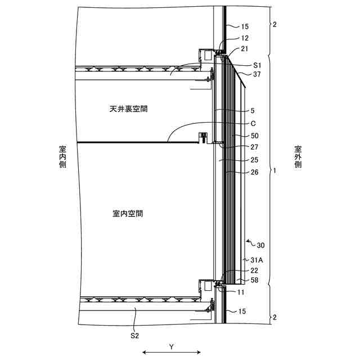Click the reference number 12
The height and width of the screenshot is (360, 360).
(x=244, y=38)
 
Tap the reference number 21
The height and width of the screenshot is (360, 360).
(x=244, y=49)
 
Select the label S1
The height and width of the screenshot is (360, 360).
(x=257, y=65)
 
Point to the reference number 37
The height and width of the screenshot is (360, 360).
(x=257, y=74)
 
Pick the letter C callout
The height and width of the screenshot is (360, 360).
(x=254, y=123)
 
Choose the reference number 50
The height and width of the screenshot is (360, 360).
(x=254, y=136)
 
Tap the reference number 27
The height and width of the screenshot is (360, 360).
(x=254, y=147)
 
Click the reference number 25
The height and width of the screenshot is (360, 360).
(x=254, y=160)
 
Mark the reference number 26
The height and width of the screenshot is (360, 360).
(x=254, y=172)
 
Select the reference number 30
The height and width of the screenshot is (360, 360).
(x=260, y=245)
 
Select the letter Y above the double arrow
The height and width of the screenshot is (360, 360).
(x=171, y=347)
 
